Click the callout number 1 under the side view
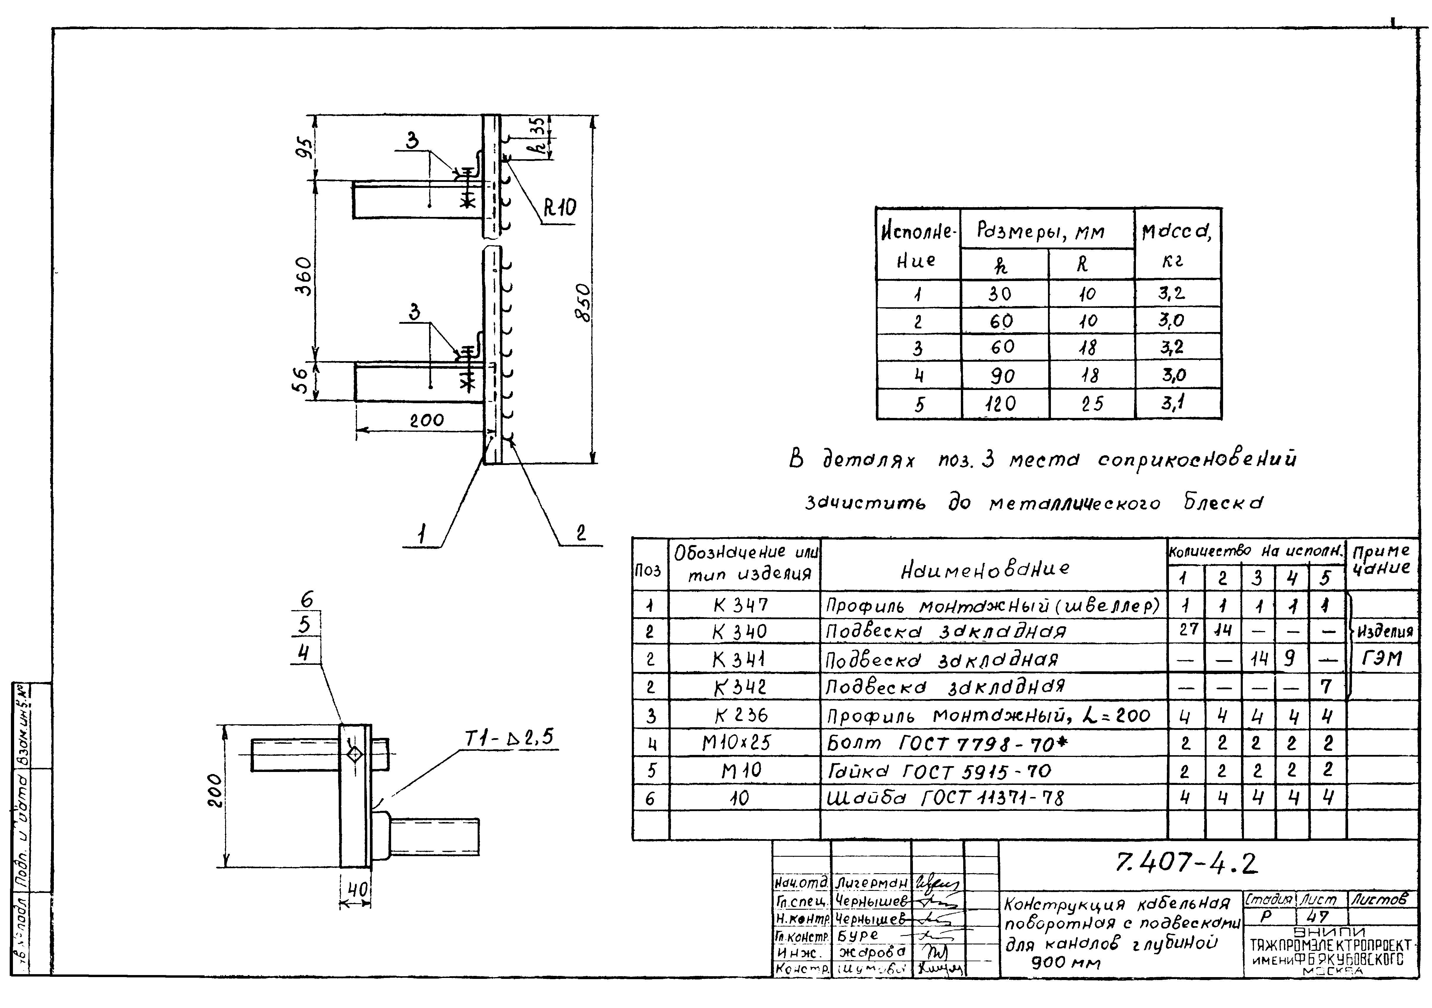click(422, 534)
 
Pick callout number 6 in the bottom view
click(306, 600)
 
